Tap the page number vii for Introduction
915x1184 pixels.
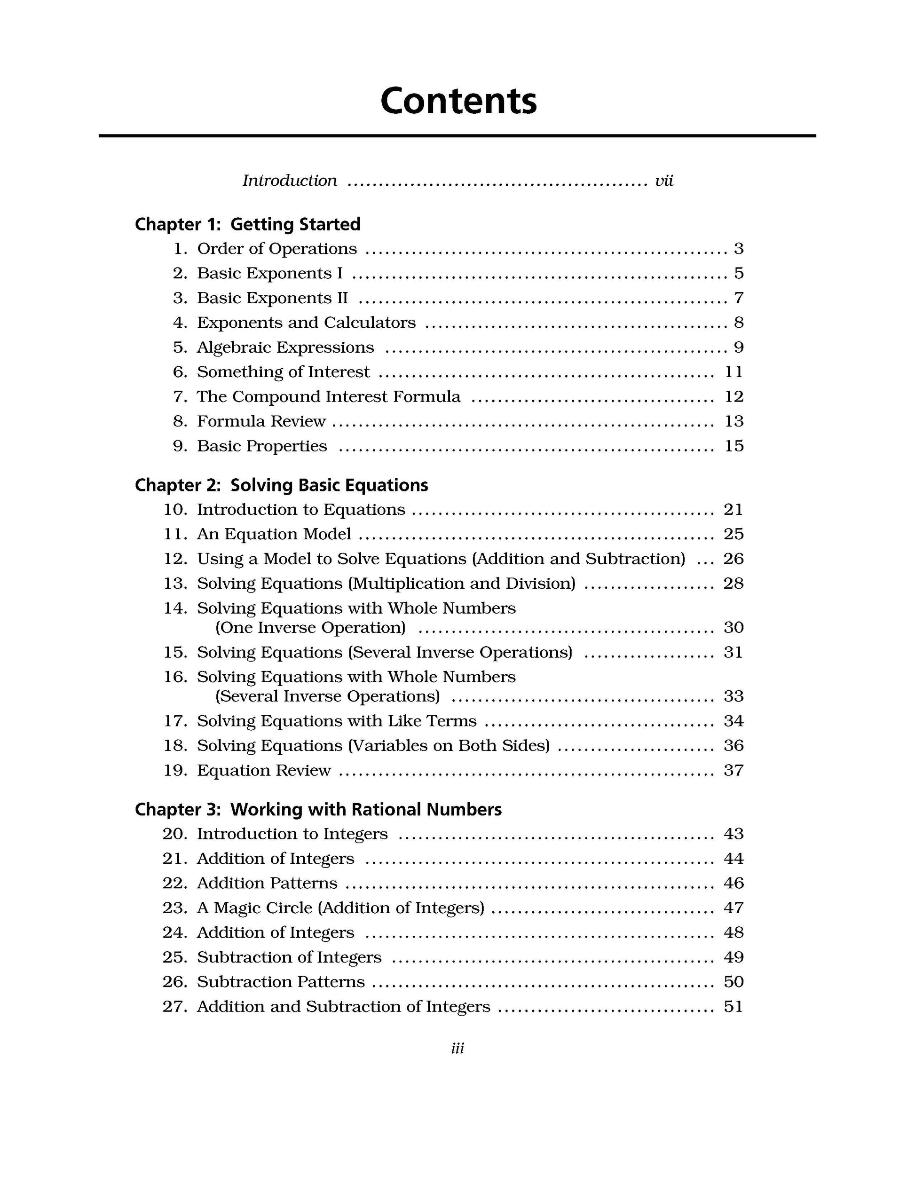pos(663,181)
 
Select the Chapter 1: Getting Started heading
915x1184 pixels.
pos(247,224)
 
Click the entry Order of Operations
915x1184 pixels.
pos(276,249)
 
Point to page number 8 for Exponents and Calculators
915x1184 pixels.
pos(738,323)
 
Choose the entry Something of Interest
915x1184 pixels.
pos(283,372)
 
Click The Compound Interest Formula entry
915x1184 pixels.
pos(329,397)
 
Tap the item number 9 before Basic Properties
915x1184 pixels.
pos(180,446)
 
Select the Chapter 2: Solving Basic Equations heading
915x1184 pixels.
pos(281,485)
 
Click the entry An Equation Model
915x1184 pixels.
pos(274,535)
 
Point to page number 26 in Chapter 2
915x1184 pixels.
pos(733,559)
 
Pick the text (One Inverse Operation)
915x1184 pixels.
pos(310,628)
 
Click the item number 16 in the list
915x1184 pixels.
pos(174,677)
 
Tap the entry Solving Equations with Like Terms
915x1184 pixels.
pos(336,721)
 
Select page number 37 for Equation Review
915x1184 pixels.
pos(733,770)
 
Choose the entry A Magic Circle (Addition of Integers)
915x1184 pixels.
pos(340,908)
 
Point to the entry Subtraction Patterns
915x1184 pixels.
pos(280,982)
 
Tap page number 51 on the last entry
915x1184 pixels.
pos(733,1007)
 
